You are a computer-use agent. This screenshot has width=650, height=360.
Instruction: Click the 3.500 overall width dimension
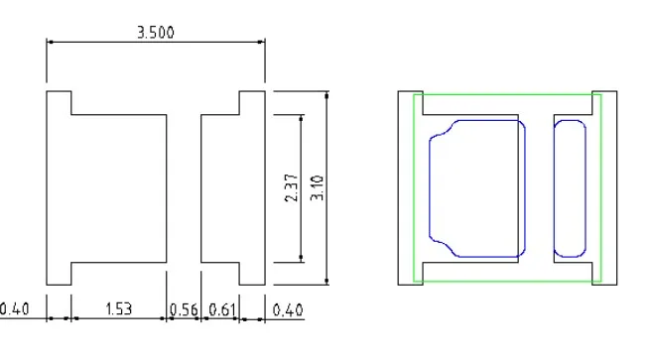[x=156, y=33]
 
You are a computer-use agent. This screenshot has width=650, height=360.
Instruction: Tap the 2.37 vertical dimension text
[x=292, y=187]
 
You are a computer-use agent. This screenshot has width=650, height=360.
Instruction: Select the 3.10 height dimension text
[x=317, y=187]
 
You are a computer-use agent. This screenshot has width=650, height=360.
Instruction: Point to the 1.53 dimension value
[x=118, y=309]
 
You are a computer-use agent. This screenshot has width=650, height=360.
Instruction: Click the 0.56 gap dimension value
[x=184, y=309]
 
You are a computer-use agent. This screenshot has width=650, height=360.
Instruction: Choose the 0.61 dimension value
[x=221, y=309]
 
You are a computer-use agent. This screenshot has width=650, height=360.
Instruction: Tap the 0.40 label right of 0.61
[x=287, y=309]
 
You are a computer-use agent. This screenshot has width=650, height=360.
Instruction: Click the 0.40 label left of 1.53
[x=14, y=309]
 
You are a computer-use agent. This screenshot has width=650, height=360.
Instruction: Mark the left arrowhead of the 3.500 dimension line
[x=50, y=42]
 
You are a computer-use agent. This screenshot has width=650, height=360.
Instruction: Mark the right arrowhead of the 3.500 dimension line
[x=261, y=42]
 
